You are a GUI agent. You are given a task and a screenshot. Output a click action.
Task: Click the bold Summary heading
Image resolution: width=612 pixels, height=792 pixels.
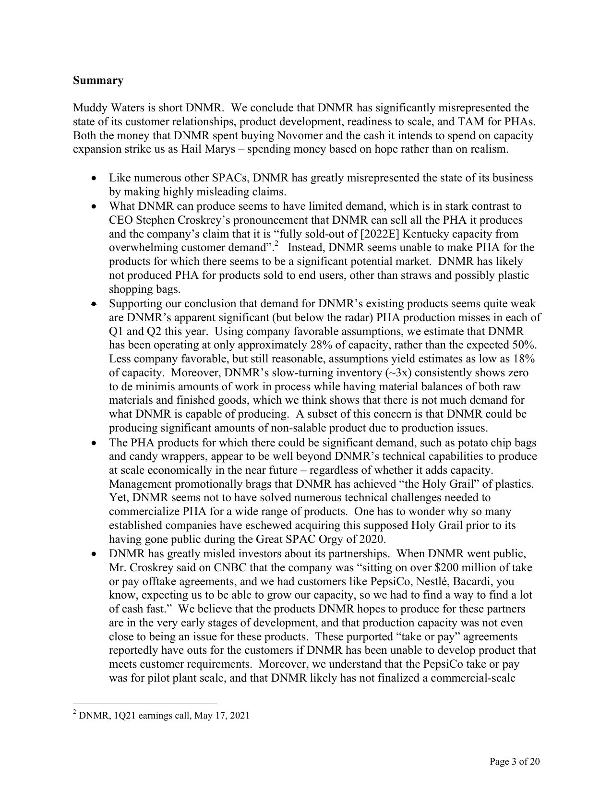point(98,80)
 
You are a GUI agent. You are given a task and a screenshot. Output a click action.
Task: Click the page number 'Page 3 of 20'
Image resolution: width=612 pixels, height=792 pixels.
point(515,761)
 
